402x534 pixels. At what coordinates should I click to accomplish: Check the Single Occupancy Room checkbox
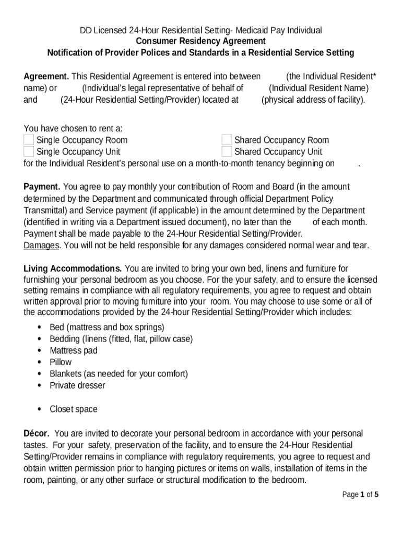click(29, 140)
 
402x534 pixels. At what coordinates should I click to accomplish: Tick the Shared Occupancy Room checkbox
click(227, 140)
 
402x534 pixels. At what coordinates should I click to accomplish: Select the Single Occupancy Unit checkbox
click(29, 152)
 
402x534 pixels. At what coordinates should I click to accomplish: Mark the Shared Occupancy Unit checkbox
click(227, 152)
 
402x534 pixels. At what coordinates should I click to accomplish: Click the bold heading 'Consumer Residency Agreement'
click(200, 41)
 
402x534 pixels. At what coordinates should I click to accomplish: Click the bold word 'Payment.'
click(42, 187)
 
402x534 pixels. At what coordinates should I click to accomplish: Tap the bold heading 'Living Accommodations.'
click(73, 269)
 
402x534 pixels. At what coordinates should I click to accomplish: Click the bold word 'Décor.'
click(37, 433)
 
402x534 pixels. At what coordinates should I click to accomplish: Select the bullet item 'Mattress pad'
click(74, 350)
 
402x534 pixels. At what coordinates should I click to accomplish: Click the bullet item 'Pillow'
click(61, 362)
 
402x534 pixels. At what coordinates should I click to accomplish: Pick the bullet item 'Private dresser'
click(77, 385)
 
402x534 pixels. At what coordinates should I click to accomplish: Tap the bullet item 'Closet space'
click(74, 409)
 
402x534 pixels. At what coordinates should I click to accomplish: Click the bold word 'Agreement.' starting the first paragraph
click(46, 76)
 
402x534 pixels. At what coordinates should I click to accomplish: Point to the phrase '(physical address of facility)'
click(313, 100)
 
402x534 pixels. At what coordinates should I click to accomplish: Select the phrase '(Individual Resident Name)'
click(318, 88)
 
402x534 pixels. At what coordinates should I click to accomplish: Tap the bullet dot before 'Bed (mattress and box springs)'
click(40, 327)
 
